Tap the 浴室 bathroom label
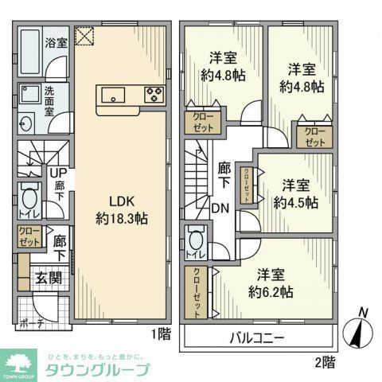pyautogui.click(x=55, y=41)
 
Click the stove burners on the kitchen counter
pyautogui.click(x=154, y=96)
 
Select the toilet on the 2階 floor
pyautogui.click(x=197, y=239)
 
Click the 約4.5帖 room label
pyautogui.click(x=295, y=193)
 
